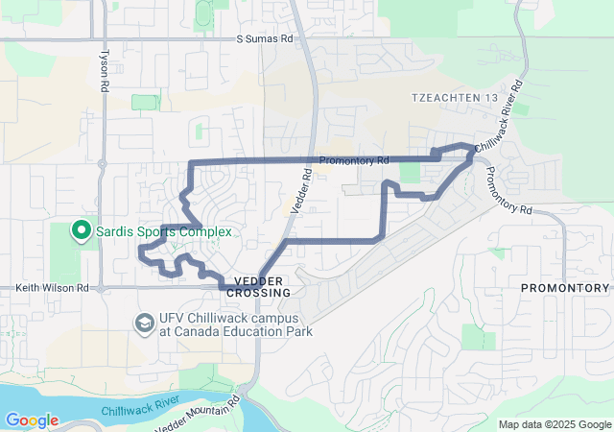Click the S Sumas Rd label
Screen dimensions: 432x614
click(x=264, y=40)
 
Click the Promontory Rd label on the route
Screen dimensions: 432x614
click(x=354, y=159)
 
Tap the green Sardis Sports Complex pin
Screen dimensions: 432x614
click(x=82, y=231)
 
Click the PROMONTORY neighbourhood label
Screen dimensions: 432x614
click(x=564, y=288)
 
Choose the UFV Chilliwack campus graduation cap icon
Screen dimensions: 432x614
click(x=144, y=322)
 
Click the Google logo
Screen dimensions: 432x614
click(x=31, y=420)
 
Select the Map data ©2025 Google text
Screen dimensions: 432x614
click(x=554, y=424)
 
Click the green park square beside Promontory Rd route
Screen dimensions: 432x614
click(x=410, y=173)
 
